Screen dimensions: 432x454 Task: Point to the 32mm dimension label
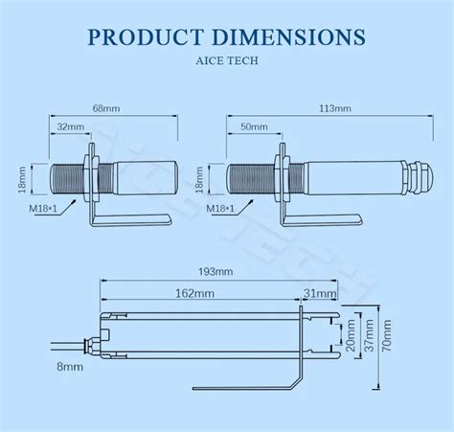[68, 125]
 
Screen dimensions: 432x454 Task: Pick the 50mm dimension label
[254, 125]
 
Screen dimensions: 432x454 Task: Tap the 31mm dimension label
[320, 291]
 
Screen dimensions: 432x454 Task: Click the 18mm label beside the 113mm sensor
[214, 177]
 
